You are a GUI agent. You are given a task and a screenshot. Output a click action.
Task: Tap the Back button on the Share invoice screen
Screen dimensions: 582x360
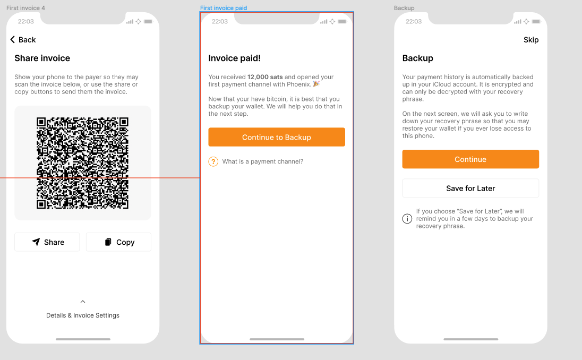pyautogui.click(x=23, y=40)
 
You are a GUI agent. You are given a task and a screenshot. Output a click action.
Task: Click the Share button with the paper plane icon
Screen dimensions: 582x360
pyautogui.click(x=47, y=242)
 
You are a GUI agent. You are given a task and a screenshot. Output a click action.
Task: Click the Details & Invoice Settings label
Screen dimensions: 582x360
pyautogui.click(x=83, y=315)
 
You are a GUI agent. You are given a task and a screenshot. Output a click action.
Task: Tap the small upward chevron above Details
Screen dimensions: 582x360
pyautogui.click(x=83, y=302)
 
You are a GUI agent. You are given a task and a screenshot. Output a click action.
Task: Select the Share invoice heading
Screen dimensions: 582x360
pyautogui.click(x=42, y=58)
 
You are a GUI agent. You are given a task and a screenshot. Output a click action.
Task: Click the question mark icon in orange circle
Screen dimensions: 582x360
pyautogui.click(x=213, y=161)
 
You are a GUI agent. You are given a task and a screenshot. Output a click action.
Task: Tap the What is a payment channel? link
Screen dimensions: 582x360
pyautogui.click(x=263, y=161)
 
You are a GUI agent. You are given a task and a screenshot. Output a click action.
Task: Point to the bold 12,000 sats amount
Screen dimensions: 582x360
pyautogui.click(x=265, y=77)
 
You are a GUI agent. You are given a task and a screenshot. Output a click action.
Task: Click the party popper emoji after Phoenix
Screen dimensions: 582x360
pyautogui.click(x=316, y=84)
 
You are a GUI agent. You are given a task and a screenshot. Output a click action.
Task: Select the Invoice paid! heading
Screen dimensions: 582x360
pyautogui.click(x=235, y=58)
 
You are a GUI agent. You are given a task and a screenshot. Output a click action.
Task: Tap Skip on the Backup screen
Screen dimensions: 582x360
pyautogui.click(x=531, y=40)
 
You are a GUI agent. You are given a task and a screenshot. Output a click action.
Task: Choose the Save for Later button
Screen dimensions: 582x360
pyautogui.click(x=470, y=188)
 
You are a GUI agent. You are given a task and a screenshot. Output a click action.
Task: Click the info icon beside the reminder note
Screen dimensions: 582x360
pyautogui.click(x=407, y=219)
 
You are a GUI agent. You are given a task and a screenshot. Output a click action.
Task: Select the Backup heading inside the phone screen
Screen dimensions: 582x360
pyautogui.click(x=417, y=58)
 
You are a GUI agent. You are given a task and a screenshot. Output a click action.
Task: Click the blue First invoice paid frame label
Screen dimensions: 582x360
pyautogui.click(x=224, y=8)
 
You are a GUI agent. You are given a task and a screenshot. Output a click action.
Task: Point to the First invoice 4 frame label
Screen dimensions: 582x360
pyautogui.click(x=25, y=8)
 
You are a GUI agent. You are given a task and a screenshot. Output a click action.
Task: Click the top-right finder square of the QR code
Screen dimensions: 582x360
pyautogui.click(x=124, y=122)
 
